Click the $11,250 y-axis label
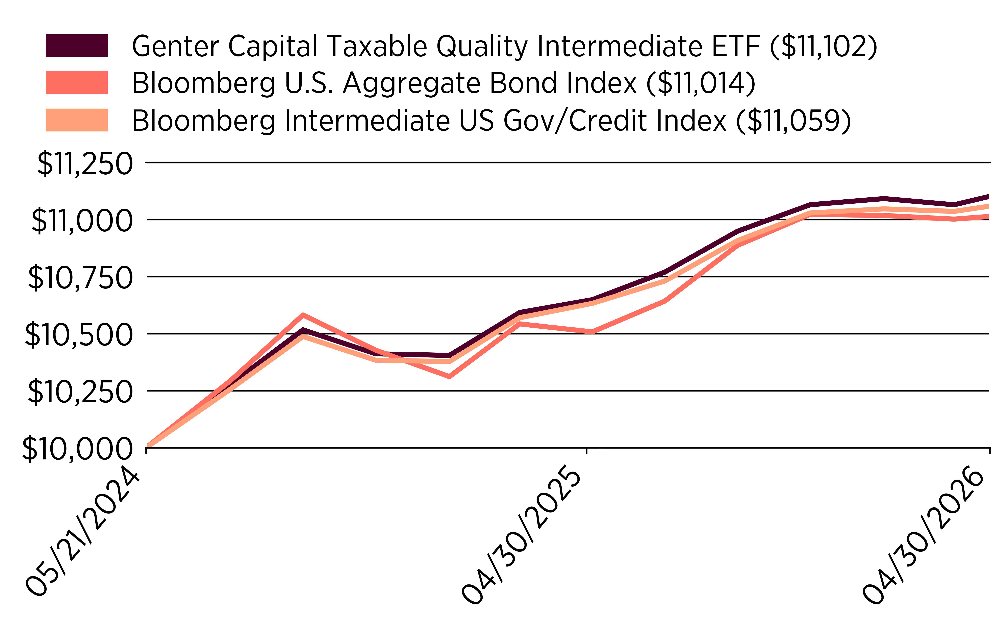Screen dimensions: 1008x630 point(85,164)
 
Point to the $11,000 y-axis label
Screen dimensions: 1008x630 point(82,221)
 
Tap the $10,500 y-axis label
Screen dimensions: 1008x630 point(79,335)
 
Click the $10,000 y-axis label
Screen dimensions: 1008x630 point(77,449)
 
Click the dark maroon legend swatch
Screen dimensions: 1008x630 point(77,45)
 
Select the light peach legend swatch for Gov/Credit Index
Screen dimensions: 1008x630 point(77,120)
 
